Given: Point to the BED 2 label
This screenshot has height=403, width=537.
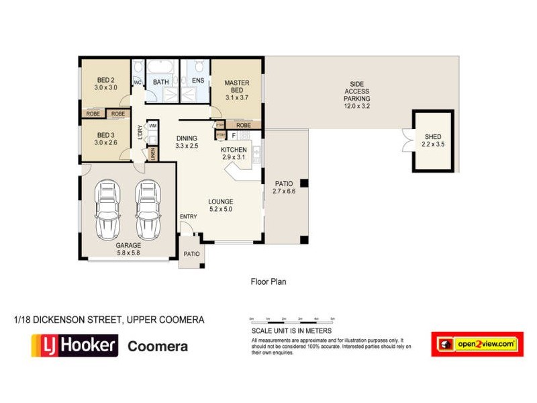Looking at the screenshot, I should pyautogui.click(x=105, y=83).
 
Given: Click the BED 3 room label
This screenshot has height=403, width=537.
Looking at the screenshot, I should pyautogui.click(x=105, y=138).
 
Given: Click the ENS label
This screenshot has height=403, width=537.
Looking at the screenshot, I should pyautogui.click(x=197, y=81).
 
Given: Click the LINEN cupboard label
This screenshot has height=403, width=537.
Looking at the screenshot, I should pyautogui.click(x=154, y=154).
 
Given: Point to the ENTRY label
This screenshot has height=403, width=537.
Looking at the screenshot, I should pyautogui.click(x=189, y=216).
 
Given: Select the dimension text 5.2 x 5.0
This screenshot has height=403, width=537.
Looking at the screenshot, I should pyautogui.click(x=221, y=210).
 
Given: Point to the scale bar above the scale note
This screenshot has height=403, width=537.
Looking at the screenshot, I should pyautogui.click(x=291, y=320).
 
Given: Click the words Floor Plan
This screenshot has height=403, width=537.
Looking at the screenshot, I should pyautogui.click(x=268, y=282).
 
